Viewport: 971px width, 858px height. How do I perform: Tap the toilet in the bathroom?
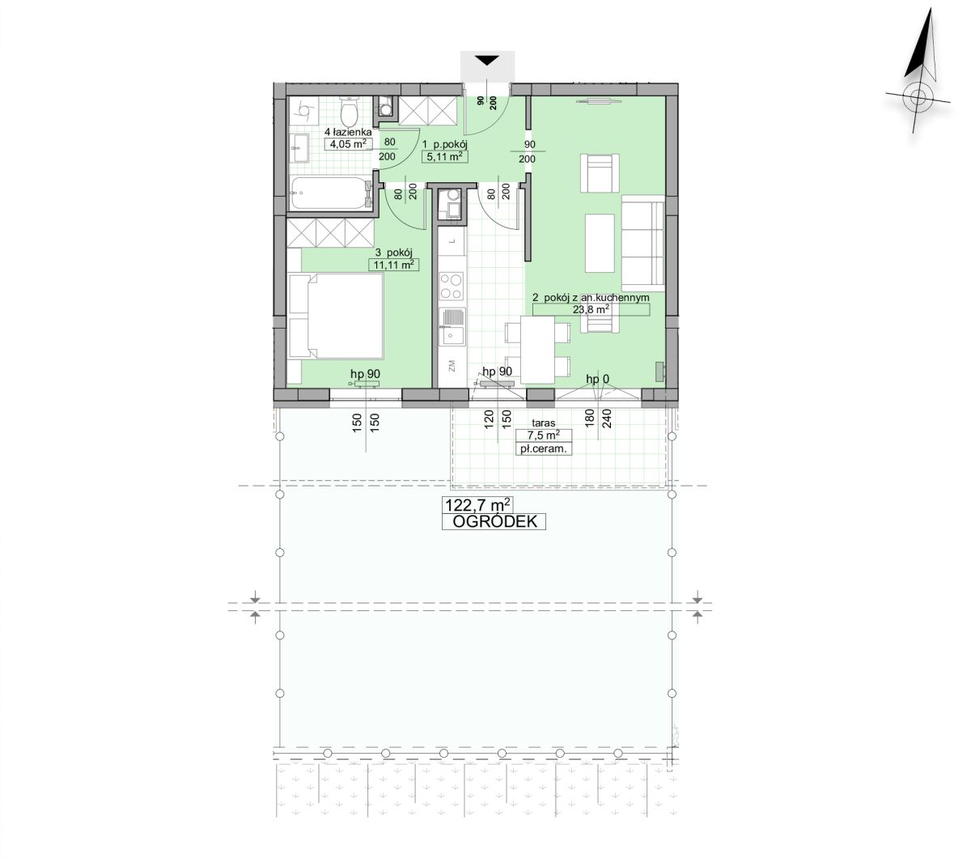pos(349,110)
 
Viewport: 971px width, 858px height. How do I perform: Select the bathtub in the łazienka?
pos(329,193)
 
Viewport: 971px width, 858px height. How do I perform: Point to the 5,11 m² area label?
pos(445,156)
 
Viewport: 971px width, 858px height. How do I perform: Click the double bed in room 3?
pos(337,316)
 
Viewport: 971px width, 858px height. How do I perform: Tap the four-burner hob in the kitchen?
pos(452,286)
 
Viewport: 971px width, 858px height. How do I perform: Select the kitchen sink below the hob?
pos(452,326)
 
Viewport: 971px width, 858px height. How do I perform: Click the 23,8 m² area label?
pos(591,310)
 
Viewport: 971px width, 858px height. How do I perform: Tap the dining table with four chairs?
pos(536,350)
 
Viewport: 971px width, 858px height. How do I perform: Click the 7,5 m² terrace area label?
pos(543,435)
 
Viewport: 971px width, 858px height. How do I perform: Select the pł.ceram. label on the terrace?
pos(543,449)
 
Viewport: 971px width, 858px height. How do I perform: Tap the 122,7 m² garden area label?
pos(477,505)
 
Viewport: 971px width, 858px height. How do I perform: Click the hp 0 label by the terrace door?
pos(597,380)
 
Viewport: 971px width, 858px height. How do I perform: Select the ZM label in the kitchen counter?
pos(452,367)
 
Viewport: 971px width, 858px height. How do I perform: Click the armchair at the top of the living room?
pos(600,172)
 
